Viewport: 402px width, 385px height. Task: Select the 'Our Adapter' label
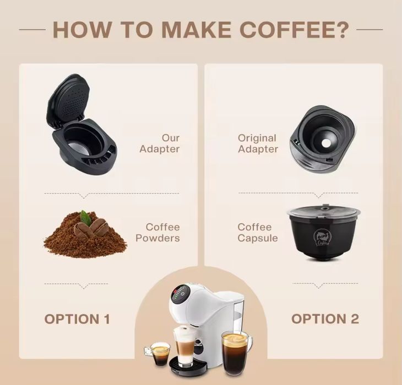pyautogui.click(x=160, y=144)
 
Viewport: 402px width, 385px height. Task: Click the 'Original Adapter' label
pyautogui.click(x=258, y=144)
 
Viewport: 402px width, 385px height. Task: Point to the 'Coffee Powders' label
pyautogui.click(x=157, y=233)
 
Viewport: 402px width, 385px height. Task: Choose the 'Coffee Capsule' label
pyautogui.click(x=258, y=233)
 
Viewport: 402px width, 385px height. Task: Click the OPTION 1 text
pyautogui.click(x=77, y=319)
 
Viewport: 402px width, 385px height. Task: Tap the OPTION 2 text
pyautogui.click(x=325, y=319)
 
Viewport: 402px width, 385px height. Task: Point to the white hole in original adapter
pyautogui.click(x=326, y=143)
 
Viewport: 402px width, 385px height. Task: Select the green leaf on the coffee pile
pyautogui.click(x=85, y=218)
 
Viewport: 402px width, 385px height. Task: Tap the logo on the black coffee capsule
pyautogui.click(x=321, y=238)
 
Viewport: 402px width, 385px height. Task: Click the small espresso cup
pyautogui.click(x=160, y=354)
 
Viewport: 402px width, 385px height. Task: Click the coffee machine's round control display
pyautogui.click(x=180, y=294)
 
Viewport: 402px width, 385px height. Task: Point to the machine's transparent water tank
pyautogui.click(x=238, y=317)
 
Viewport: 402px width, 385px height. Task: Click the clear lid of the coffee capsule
pyautogui.click(x=324, y=212)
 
